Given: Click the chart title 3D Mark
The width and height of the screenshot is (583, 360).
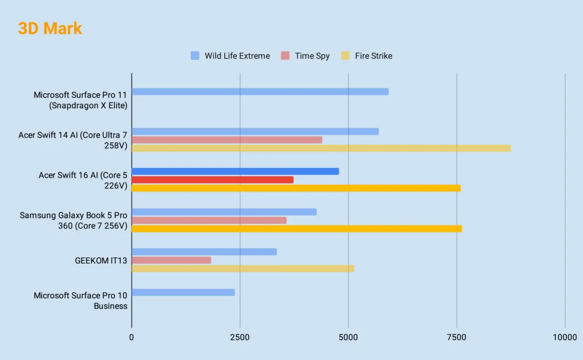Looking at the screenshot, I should tap(50, 28).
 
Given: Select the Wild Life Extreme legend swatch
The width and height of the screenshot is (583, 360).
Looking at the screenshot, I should tap(195, 56).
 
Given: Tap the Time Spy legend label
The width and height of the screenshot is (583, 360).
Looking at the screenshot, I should tap(312, 56).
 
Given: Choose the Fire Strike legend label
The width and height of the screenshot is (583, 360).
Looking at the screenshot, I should tap(373, 56).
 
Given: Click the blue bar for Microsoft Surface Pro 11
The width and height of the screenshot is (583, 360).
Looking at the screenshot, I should tap(260, 92).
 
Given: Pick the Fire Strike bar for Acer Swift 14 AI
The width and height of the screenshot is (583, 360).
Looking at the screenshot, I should tap(321, 148).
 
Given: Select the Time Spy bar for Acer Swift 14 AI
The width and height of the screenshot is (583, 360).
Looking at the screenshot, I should tap(227, 140).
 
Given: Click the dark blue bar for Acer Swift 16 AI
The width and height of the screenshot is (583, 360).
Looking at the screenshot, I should tap(235, 171).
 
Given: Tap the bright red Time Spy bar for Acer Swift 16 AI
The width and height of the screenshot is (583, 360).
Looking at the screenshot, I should tap(212, 180).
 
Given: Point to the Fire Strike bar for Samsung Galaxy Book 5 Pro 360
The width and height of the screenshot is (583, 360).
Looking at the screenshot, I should tap(297, 228).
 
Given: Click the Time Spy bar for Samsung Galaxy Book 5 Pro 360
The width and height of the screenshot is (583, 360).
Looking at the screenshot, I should tap(209, 220).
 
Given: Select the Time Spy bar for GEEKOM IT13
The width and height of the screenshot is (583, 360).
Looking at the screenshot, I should tap(171, 260).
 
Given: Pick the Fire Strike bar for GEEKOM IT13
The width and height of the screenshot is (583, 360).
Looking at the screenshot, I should tap(243, 268).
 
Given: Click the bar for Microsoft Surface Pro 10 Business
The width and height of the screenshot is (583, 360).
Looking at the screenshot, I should tap(183, 292).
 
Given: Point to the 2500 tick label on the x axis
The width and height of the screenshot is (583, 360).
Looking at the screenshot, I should tap(240, 337).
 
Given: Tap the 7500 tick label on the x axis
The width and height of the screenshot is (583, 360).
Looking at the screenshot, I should tap(456, 337).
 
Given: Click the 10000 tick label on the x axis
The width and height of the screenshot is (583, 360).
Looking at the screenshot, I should tap(564, 337).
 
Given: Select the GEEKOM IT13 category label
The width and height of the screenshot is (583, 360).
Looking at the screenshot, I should tap(101, 261).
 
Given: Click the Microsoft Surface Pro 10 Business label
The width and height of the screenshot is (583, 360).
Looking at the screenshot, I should tap(80, 301).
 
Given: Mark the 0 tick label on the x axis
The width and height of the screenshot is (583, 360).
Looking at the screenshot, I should tap(132, 337).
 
